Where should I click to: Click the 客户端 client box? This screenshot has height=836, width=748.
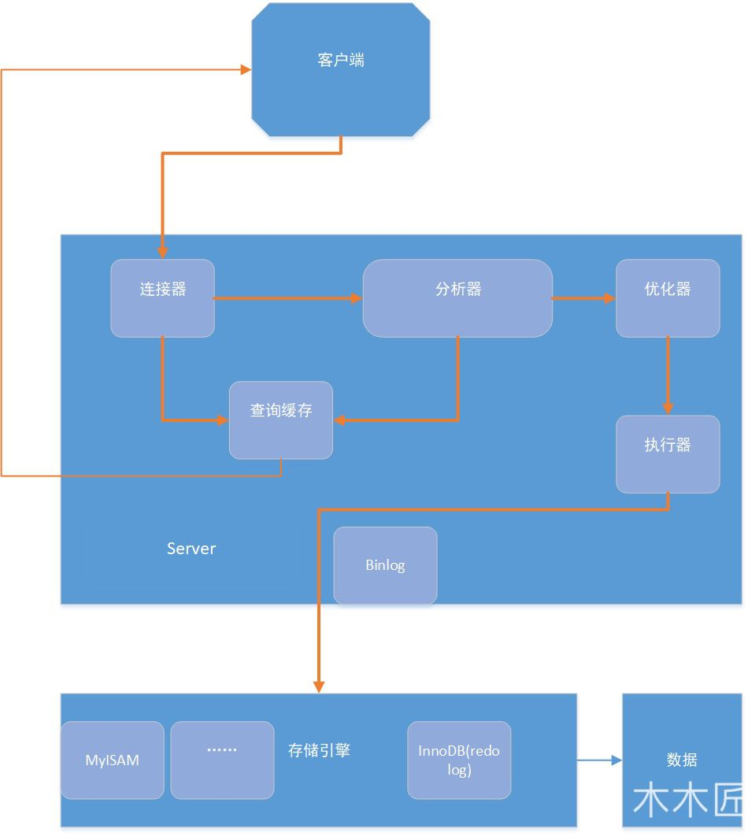pos(341,69)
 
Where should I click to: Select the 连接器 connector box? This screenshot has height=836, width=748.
pos(162,298)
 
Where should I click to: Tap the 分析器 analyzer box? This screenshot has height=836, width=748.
pos(457,298)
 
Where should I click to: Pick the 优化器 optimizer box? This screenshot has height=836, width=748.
pos(668,298)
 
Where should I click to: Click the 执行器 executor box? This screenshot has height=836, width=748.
pos(668,454)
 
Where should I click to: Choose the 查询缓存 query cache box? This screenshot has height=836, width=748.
pos(281,420)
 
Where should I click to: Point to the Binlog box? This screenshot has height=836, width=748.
pos(385,565)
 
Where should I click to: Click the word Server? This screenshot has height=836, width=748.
pos(191,549)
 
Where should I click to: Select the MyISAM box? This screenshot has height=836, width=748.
pos(113,760)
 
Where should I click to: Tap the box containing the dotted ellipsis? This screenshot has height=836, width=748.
pos(222,760)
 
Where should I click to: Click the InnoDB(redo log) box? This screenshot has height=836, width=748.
pos(459,760)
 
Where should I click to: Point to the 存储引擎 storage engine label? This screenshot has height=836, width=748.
pos(319,750)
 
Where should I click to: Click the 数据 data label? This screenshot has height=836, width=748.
pos(682,760)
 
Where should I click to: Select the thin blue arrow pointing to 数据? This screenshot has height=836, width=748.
pos(598,760)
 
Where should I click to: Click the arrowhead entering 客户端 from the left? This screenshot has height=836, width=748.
pos(245,70)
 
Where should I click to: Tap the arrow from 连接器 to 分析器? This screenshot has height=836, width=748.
pos(287,298)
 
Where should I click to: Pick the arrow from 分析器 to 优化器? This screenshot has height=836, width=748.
pos(583,298)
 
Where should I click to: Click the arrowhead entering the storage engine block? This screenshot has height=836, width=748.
pos(319,686)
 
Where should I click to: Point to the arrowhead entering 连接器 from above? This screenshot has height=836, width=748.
pos(162,253)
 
